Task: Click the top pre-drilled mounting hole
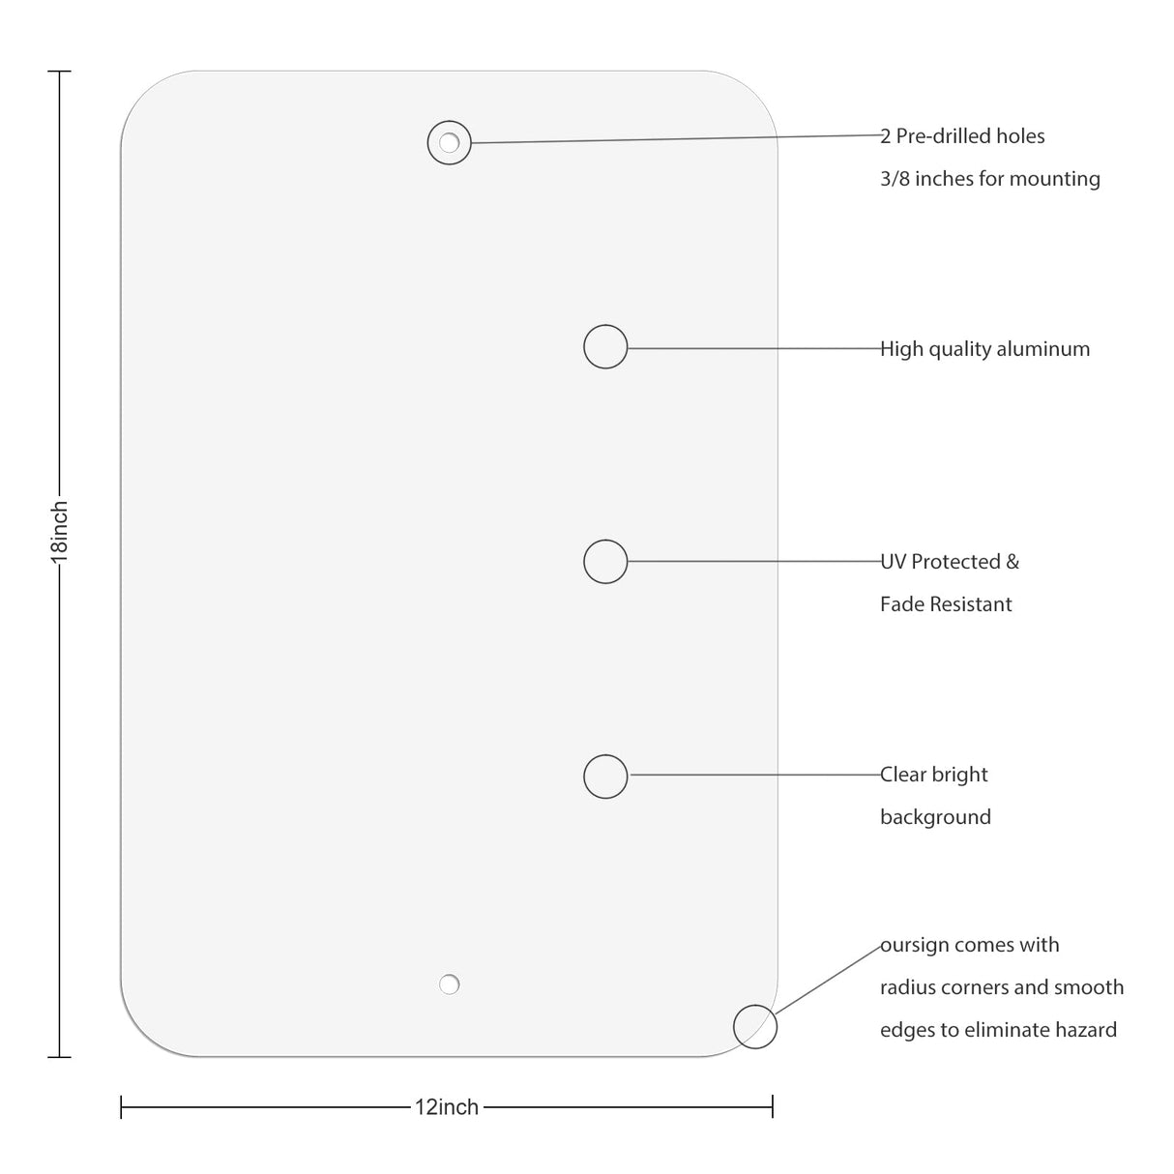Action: coord(449,143)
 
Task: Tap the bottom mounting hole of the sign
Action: coord(449,984)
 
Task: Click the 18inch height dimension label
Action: coord(60,531)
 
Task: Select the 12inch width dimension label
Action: coord(447,1107)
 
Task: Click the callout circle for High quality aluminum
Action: coord(605,346)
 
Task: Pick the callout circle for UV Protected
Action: coord(605,561)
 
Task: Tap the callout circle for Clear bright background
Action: coord(605,776)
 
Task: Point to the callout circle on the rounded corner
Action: coord(754,1026)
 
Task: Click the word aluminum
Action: coord(1042,349)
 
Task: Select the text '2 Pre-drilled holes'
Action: coord(962,136)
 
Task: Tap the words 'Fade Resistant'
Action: coord(946,604)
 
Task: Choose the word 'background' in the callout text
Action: coord(935,817)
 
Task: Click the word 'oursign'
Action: coord(914,946)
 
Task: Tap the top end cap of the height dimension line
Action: coord(60,72)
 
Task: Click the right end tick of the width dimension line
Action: coord(773,1106)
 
